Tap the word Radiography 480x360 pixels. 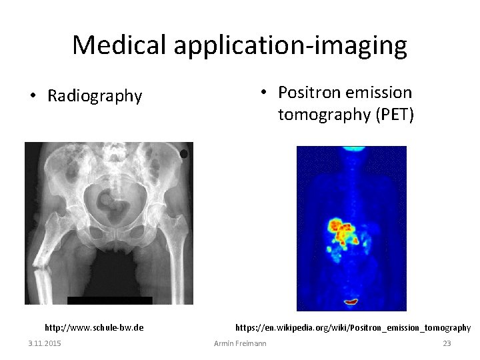point(95,97)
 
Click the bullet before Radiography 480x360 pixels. point(33,97)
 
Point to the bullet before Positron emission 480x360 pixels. point(264,92)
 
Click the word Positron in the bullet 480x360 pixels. point(307,92)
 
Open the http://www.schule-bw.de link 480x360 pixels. point(94,327)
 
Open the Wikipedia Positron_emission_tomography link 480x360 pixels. point(353,327)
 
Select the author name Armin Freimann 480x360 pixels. point(240,343)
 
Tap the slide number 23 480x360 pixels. point(447,343)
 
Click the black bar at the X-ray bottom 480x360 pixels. point(110,300)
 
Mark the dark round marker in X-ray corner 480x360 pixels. point(184,154)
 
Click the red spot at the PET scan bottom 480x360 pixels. point(351,303)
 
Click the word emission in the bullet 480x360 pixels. point(379,92)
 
